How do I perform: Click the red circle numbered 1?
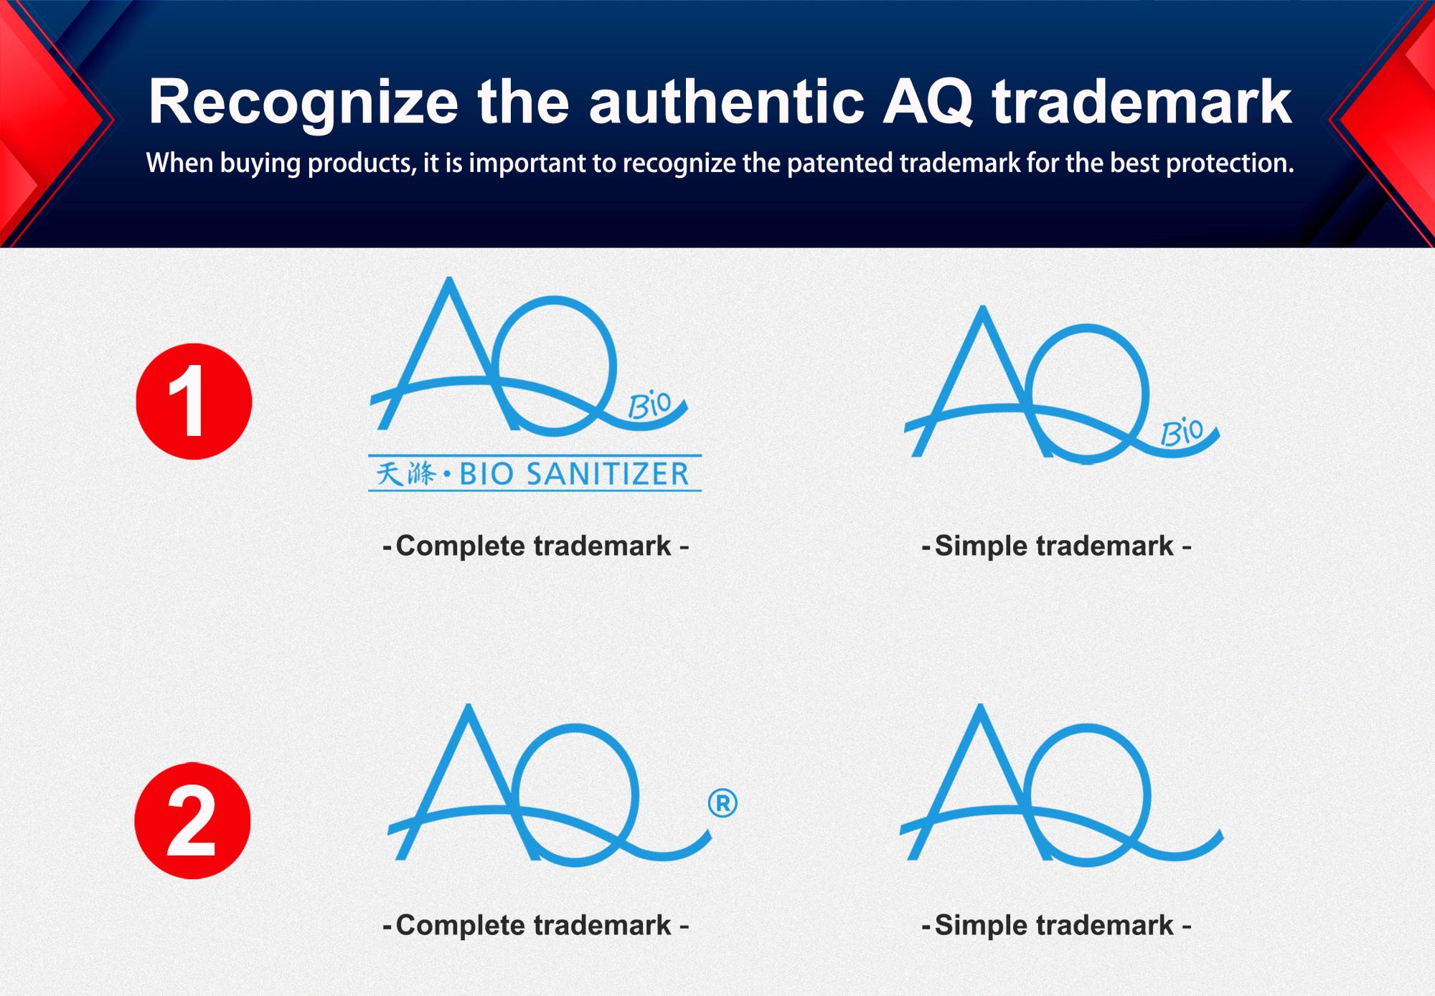click(194, 402)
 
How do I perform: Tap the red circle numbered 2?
click(192, 821)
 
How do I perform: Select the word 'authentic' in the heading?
click(726, 102)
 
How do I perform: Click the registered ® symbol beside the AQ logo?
click(723, 803)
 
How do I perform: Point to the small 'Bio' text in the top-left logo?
click(649, 405)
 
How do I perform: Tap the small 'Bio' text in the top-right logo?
click(1182, 432)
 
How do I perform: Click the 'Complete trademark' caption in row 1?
click(535, 546)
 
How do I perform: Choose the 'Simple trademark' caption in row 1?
click(1056, 546)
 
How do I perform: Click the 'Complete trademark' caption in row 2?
click(535, 925)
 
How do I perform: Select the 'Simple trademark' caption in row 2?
click(1056, 925)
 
